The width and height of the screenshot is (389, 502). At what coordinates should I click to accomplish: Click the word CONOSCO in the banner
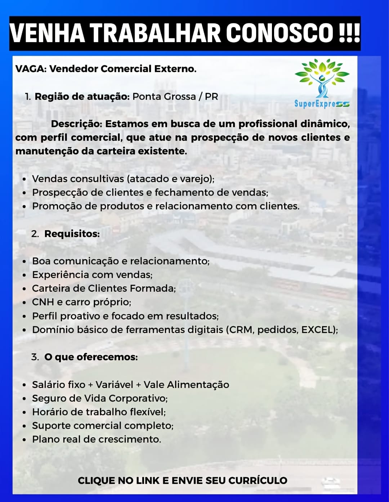pos(279,33)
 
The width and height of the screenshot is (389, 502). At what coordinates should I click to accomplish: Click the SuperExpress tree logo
pos(322,78)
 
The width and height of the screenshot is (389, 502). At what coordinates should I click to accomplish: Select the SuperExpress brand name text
pos(322,104)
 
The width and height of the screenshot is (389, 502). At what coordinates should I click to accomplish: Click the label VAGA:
pos(31,69)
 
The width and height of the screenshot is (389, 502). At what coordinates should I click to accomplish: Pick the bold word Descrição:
pos(76,124)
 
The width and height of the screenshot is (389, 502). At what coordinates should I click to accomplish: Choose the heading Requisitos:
pos(72,234)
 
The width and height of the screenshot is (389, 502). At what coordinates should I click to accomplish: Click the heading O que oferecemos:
pos(91,357)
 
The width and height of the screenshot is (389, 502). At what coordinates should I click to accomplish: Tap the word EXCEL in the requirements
pos(318,330)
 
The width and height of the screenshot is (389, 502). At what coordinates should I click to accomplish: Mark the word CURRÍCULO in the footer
pos(258,480)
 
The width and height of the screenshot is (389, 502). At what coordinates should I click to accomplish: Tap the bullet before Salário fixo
pos(24,385)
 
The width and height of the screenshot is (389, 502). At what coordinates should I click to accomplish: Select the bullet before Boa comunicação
pos(24,261)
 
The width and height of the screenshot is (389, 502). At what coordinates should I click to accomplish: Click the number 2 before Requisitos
pos(35,234)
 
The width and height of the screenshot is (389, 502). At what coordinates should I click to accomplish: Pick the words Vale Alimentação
pos(186,385)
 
